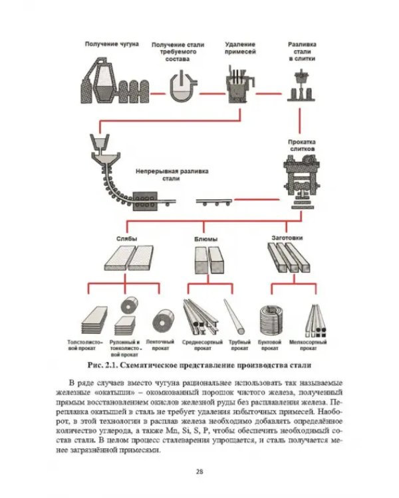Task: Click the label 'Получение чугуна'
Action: point(112,44)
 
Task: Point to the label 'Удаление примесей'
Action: point(240,48)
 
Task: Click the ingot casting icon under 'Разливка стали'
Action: point(301,86)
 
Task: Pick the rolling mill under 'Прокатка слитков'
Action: point(302,182)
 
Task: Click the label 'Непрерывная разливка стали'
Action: point(172,175)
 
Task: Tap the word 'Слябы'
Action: point(126,239)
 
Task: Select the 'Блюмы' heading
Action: point(206,239)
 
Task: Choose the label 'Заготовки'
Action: point(287,238)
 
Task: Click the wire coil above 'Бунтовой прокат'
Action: point(271,321)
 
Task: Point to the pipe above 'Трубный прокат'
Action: point(234,316)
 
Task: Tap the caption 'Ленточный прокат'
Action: point(160,345)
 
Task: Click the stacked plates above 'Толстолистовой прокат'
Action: point(94,320)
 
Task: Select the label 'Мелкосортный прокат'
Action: point(308,345)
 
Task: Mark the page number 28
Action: point(199,471)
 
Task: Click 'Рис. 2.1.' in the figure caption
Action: point(103,365)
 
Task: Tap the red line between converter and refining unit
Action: point(212,94)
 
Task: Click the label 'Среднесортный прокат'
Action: point(202,345)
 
